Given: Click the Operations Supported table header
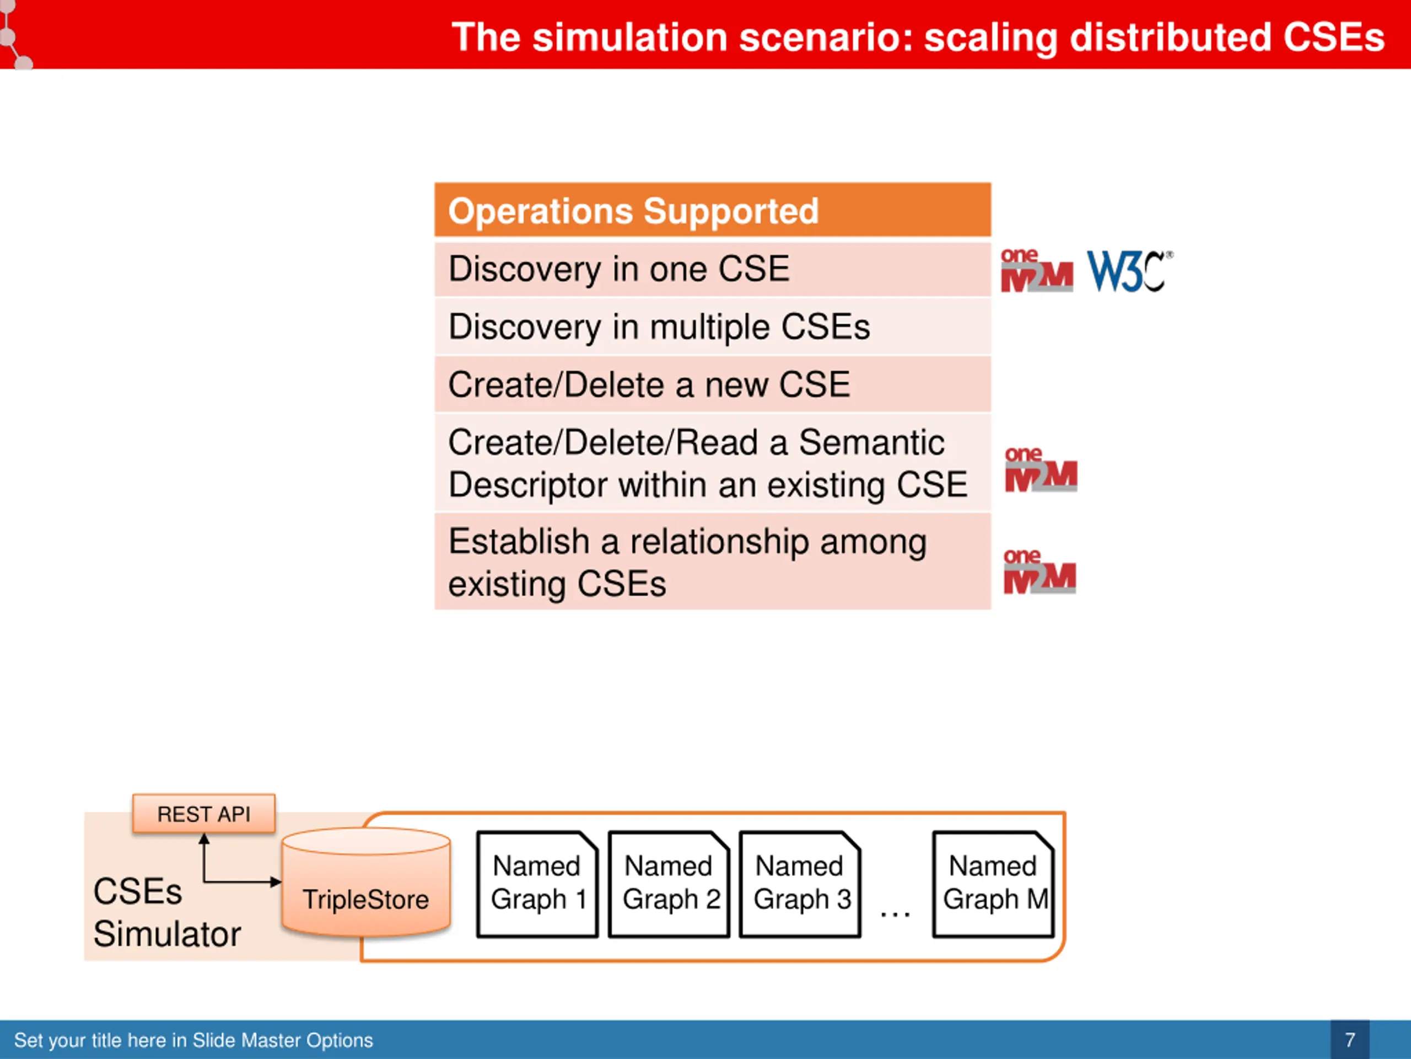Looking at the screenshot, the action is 713,210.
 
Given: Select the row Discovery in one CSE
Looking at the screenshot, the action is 713,269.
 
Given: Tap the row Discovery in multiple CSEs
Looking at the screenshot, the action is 713,327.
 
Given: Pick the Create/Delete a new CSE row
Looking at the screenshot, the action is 713,384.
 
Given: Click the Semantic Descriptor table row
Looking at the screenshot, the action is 713,463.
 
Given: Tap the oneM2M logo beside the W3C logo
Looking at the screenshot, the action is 1037,270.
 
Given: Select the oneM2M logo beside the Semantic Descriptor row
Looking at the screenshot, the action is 1041,469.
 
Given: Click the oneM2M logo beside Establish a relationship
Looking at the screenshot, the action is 1040,571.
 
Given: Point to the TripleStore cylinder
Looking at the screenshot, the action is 366,882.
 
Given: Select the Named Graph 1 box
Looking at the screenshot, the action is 537,884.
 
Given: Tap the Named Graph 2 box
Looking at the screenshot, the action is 669,884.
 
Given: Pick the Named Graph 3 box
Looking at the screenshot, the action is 800,884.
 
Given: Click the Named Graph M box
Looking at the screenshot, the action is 993,884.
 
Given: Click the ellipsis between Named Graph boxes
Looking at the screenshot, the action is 895,914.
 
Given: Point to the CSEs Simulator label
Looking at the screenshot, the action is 167,913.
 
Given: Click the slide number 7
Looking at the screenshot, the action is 1350,1040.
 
